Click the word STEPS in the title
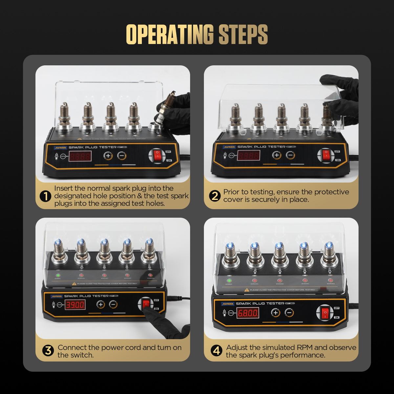pyautogui.click(x=243, y=34)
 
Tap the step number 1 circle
pyautogui.click(x=45, y=196)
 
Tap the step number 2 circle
pyautogui.click(x=215, y=196)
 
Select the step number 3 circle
pyautogui.click(x=48, y=351)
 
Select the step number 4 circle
pyautogui.click(x=216, y=351)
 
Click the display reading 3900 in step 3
pyautogui.click(x=75, y=305)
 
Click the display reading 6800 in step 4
pyautogui.click(x=248, y=313)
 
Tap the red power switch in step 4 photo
pyautogui.click(x=325, y=313)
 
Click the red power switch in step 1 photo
pyautogui.click(x=158, y=156)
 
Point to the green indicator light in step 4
pyautogui.click(x=229, y=281)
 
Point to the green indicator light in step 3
pyautogui.click(x=58, y=275)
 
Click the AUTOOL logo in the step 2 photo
pyautogui.click(x=229, y=147)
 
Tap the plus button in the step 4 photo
pyautogui.click(x=275, y=313)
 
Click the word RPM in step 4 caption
pyautogui.click(x=304, y=347)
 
